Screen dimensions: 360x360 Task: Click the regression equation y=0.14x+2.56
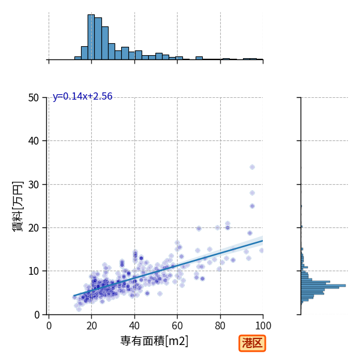pos(82,96)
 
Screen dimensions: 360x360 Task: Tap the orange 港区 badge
pos(252,343)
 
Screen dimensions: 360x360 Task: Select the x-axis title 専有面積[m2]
pos(154,341)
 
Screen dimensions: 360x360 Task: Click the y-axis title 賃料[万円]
pos(17,206)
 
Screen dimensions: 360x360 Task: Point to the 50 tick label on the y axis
pos(34,98)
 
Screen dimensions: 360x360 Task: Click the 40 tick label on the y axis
pos(34,141)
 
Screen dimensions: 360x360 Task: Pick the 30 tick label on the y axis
pos(34,185)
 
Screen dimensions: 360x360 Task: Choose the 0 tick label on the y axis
pos(37,315)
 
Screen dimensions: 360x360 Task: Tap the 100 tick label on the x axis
pos(263,326)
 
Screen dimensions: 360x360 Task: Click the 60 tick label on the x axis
pos(177,326)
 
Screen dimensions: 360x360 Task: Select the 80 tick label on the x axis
pos(220,326)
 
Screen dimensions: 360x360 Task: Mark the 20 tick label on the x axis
pos(92,326)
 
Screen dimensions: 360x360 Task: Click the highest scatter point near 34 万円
pos(253,167)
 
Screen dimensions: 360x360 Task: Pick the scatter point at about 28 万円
pos(253,193)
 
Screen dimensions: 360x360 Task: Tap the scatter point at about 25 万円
pos(253,206)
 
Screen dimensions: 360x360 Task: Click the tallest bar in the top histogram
pos(91,37)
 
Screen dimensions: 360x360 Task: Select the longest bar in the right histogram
pos(323,286)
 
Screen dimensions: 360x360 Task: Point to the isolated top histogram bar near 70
pos(199,58)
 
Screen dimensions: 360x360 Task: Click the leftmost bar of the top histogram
pos(78,58)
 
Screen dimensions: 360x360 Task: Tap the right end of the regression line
pos(263,241)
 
